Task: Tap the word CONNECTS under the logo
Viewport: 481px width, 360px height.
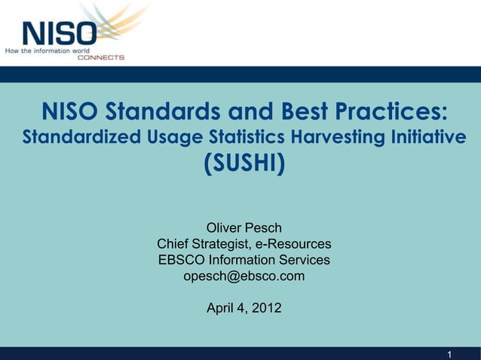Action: coord(101,57)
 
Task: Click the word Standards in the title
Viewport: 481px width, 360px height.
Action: coord(159,113)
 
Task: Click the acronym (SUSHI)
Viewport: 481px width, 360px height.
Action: coord(244,163)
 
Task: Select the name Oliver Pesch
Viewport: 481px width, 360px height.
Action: coord(244,227)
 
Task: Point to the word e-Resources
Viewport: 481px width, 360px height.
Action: coord(293,244)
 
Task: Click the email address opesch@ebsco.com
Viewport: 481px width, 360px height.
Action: coord(244,276)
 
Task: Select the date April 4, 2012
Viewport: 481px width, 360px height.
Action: coord(244,308)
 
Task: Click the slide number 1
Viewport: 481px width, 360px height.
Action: coord(449,354)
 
